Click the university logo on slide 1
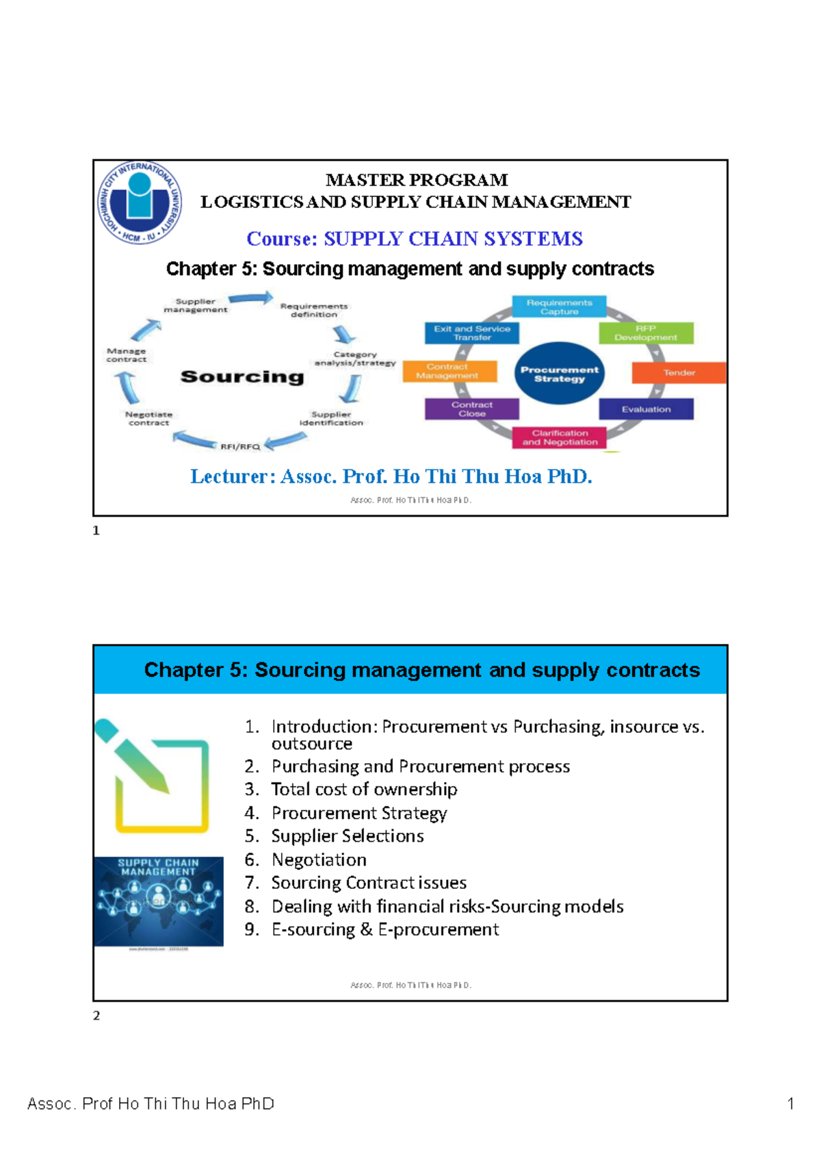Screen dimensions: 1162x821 click(x=140, y=203)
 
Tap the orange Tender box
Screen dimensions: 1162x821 click(x=678, y=373)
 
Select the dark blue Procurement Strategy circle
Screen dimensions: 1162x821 click(x=559, y=374)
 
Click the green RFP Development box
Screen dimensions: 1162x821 click(x=645, y=333)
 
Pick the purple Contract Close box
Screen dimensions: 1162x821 click(x=471, y=409)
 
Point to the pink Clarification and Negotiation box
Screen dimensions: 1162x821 click(x=559, y=437)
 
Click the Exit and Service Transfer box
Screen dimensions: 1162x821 click(x=471, y=333)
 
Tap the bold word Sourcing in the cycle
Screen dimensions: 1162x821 click(x=242, y=377)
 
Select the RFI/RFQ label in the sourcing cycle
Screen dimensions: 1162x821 click(x=240, y=447)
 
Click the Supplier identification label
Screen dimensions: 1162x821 click(x=331, y=419)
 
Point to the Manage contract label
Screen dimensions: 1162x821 click(x=127, y=355)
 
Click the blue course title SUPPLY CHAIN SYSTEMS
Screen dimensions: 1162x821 click(x=452, y=239)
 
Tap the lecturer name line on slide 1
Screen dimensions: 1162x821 click(x=391, y=476)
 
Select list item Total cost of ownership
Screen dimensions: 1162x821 click(x=363, y=790)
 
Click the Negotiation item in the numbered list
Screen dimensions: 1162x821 click(x=319, y=860)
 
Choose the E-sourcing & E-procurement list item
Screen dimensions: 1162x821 click(x=385, y=930)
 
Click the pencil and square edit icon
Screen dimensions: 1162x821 click(x=152, y=777)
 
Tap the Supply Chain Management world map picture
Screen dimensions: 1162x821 click(x=159, y=901)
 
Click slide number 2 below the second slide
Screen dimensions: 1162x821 click(x=96, y=1016)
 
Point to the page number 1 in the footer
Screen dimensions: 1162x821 click(x=790, y=1104)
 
